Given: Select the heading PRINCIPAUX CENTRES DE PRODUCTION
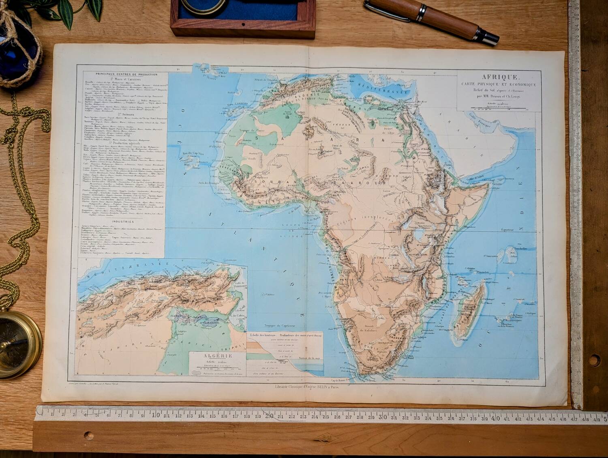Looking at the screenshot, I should coord(124,74).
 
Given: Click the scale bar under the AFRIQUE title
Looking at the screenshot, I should coord(498,109).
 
